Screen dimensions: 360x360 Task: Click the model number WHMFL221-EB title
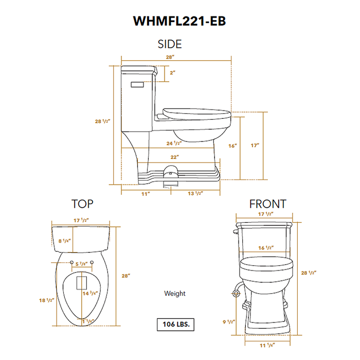(x=179, y=21)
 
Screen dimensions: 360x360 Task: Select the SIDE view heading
(x=169, y=44)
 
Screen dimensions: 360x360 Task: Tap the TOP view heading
(x=82, y=204)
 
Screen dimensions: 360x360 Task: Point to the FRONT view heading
(x=267, y=204)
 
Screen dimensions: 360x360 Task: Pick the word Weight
(x=175, y=294)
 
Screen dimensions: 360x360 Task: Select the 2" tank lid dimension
(x=173, y=73)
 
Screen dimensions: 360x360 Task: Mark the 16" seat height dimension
(x=232, y=146)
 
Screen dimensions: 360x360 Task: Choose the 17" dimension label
(x=255, y=146)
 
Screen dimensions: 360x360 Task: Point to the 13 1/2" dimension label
(x=195, y=194)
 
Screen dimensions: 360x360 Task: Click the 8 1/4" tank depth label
(x=65, y=241)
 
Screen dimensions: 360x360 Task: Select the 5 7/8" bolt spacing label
(x=81, y=264)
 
